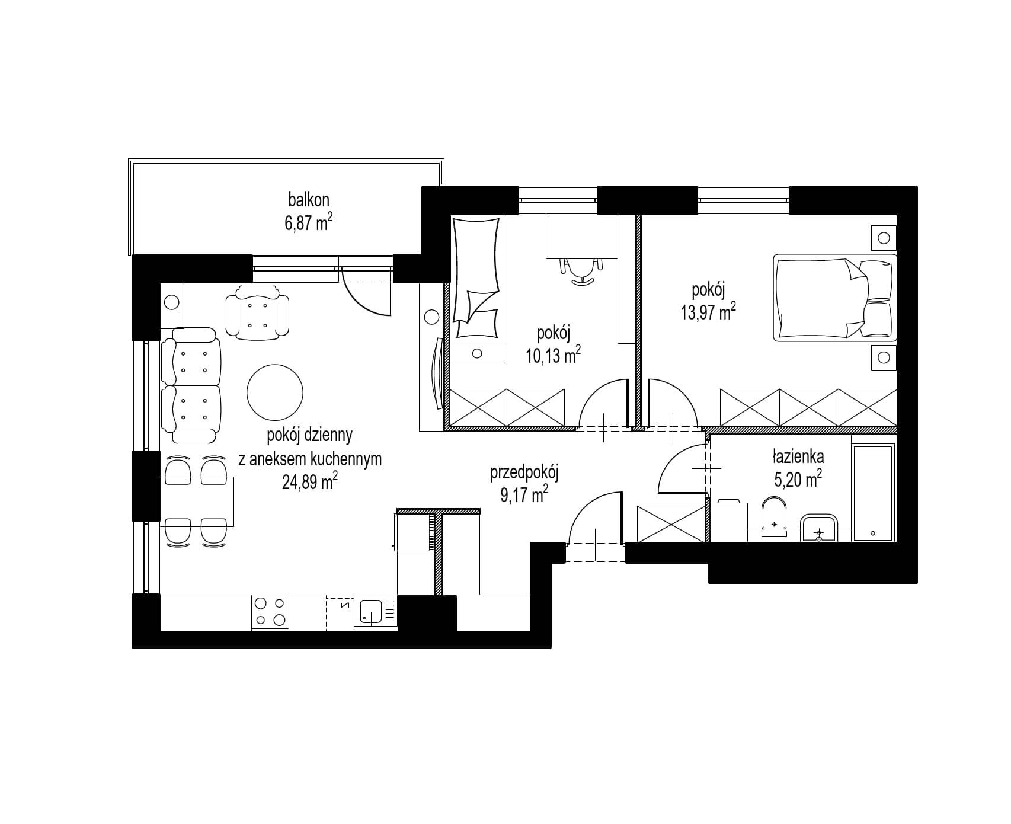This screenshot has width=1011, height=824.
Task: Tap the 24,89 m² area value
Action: pyautogui.click(x=310, y=482)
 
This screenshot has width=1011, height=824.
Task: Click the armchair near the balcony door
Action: pyautogui.click(x=258, y=313)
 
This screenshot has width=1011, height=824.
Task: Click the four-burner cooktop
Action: pyautogui.click(x=270, y=612)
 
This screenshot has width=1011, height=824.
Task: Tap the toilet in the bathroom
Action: pyautogui.click(x=773, y=515)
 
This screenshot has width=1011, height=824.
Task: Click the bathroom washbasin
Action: pyautogui.click(x=818, y=528)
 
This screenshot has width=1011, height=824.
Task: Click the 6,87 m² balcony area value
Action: pyautogui.click(x=308, y=223)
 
